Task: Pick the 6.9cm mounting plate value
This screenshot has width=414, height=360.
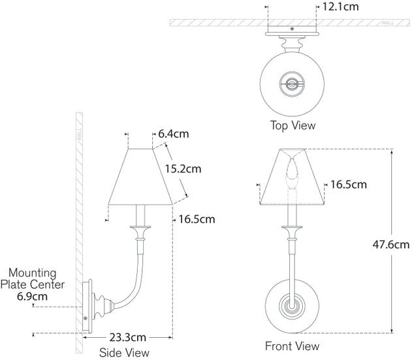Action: [31, 297]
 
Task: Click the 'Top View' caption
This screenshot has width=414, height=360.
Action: [293, 125]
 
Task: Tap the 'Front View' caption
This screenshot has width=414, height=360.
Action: [292, 346]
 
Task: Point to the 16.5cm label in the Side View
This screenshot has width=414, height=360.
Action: [197, 220]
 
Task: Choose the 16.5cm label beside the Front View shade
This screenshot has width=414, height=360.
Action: [349, 185]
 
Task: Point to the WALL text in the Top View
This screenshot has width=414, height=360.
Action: [387, 22]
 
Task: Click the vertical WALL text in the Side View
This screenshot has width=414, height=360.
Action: [80, 137]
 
